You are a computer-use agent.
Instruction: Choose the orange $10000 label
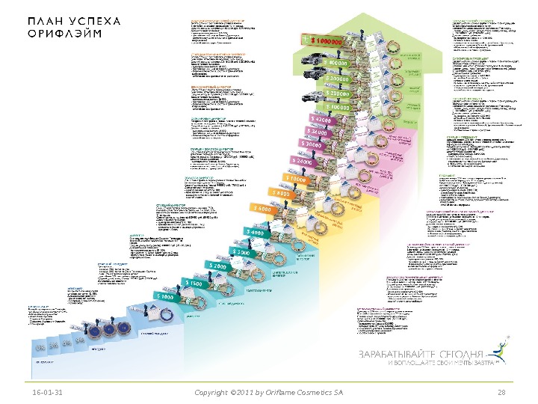pos(297,179)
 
